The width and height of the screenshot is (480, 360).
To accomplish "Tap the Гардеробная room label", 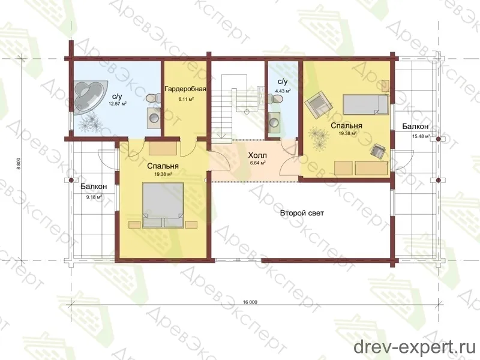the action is tap(185, 89).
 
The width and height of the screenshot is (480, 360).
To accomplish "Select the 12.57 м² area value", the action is tap(118, 104).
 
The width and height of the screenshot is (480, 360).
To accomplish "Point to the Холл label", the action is tap(257, 155).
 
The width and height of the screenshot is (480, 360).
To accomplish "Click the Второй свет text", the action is tap(302, 213).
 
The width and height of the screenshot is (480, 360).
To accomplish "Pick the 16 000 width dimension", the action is tap(250, 302).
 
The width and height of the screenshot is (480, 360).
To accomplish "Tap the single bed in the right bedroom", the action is tap(365, 104).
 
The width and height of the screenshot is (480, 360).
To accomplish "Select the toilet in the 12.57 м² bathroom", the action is tap(152, 98).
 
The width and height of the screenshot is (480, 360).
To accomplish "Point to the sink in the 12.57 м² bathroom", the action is tap(154, 118).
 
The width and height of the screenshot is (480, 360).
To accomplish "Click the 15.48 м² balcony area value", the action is tap(421, 136).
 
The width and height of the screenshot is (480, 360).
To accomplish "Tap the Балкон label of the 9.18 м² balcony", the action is tap(94, 187).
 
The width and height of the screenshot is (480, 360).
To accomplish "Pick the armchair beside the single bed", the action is tap(320, 106).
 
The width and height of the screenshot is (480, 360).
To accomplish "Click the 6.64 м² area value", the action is tap(257, 163).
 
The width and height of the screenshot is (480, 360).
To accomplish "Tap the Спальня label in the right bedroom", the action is tap(347, 126).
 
